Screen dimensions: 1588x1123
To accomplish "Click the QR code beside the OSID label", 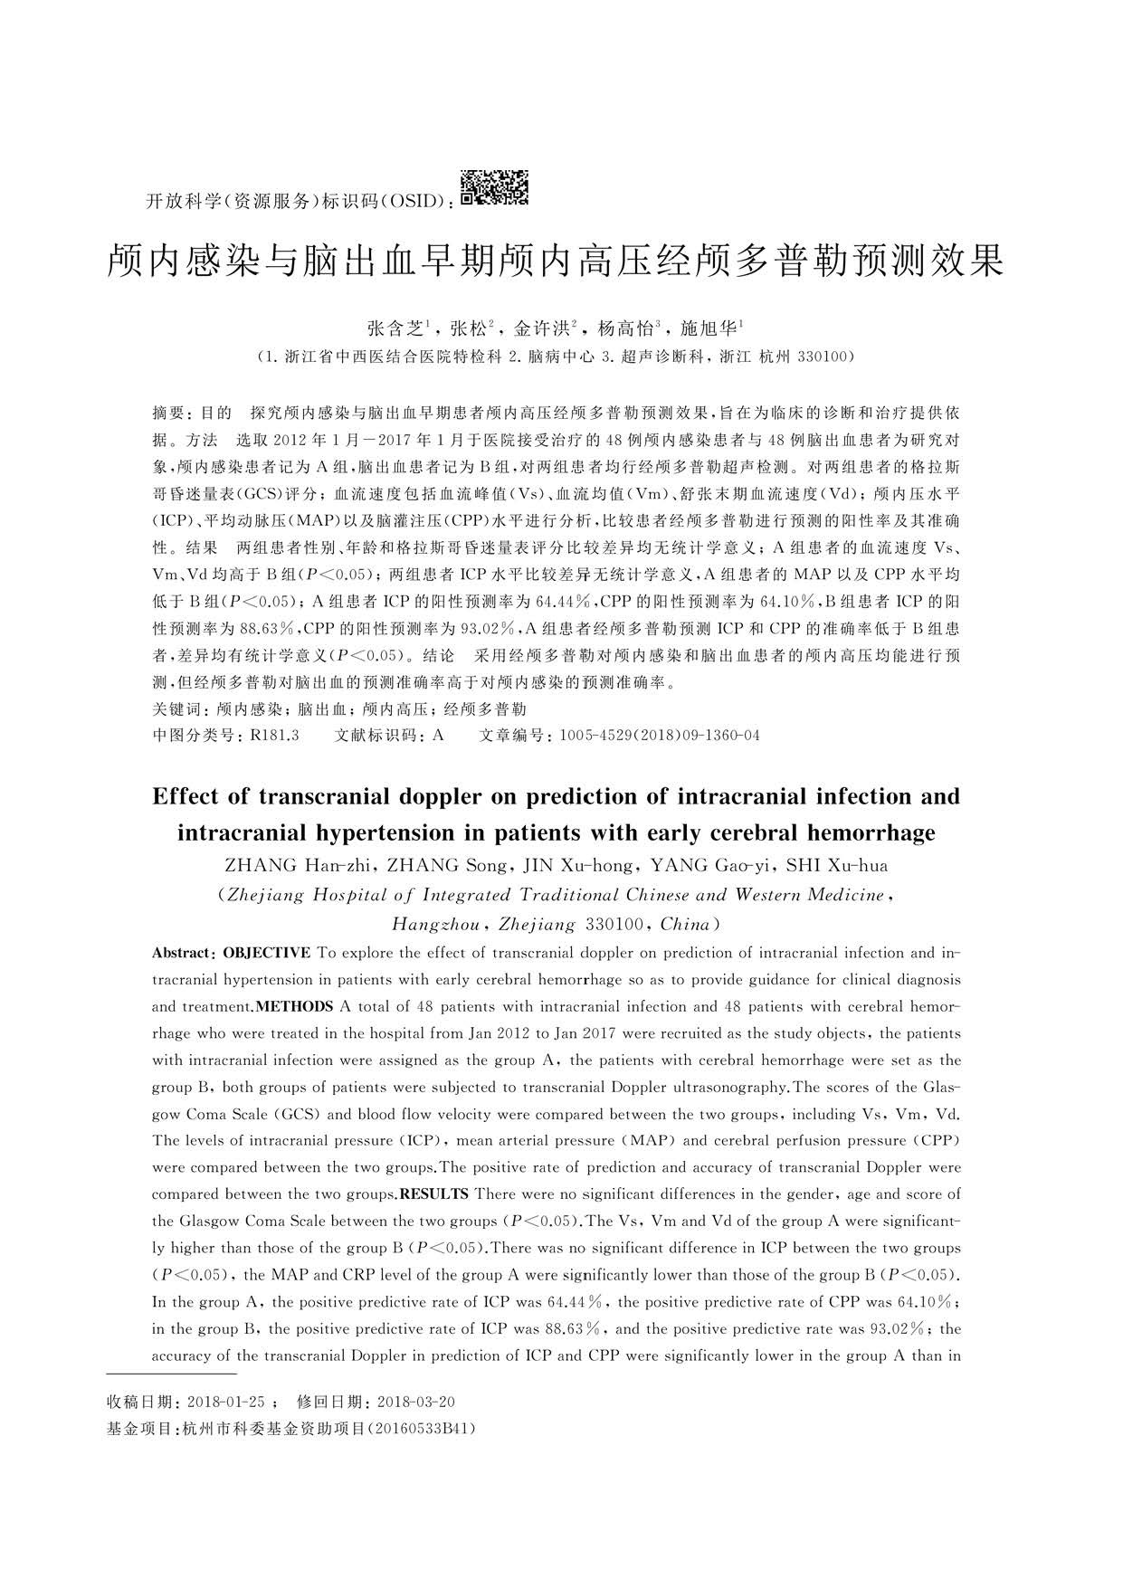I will (494, 187).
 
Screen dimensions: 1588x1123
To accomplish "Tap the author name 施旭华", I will (709, 328).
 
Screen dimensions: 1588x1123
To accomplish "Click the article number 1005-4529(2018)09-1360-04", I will (660, 735).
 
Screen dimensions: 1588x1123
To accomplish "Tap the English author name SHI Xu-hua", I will (837, 865).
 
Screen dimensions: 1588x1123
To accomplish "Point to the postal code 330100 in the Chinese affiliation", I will (821, 357).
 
